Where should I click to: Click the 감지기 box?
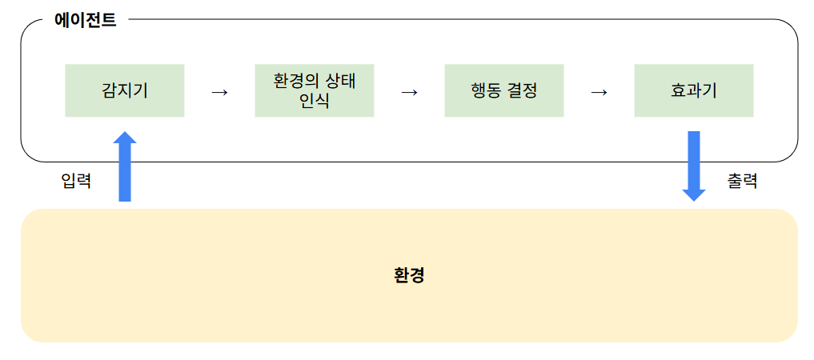coord(125,90)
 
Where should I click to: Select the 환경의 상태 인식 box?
coord(314,90)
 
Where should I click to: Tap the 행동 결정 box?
coord(503,90)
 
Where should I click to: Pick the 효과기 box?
coord(693,90)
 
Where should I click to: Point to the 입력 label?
coord(76,182)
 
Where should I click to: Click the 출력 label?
coord(742,182)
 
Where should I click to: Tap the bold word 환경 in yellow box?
coord(409,276)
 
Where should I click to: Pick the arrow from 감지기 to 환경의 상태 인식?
coord(219,91)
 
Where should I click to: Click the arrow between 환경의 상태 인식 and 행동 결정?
coord(409,91)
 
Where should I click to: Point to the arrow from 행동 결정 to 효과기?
coord(599,91)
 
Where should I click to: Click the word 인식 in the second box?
coord(314,101)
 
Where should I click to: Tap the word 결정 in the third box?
coord(522,90)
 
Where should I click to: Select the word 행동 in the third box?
coord(487,90)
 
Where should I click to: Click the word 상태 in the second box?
coord(339,82)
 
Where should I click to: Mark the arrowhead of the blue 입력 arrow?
coord(125,138)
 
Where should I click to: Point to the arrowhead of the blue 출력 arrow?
coord(693,194)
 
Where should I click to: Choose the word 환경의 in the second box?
coord(296,82)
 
